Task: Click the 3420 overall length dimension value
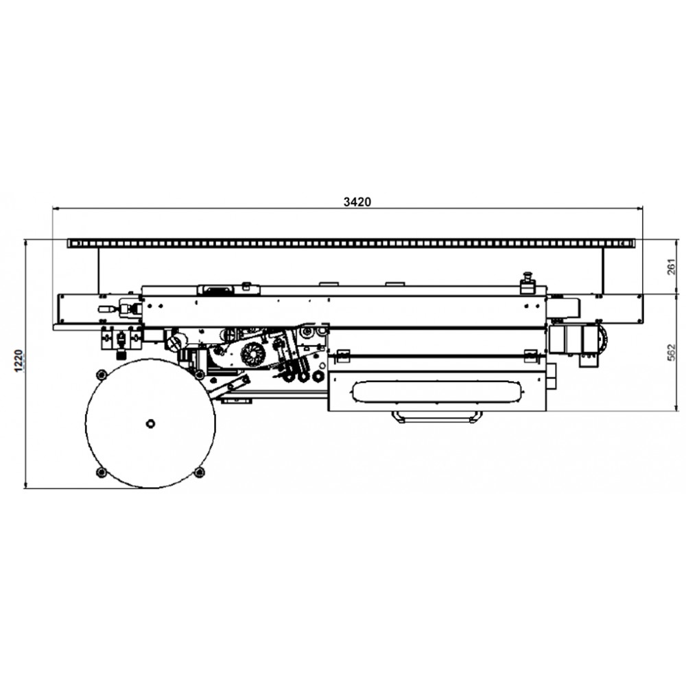pyautogui.click(x=357, y=202)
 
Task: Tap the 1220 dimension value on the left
pyautogui.click(x=19, y=361)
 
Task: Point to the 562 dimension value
pyautogui.click(x=672, y=353)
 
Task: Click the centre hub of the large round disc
pyautogui.click(x=150, y=423)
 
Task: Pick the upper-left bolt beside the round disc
pyautogui.click(x=102, y=375)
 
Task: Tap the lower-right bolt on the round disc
pyautogui.click(x=199, y=472)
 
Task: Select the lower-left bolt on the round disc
pyautogui.click(x=102, y=472)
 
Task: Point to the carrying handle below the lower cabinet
pyautogui.click(x=436, y=417)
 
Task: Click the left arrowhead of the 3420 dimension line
pyautogui.click(x=56, y=209)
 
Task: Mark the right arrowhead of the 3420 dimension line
pyautogui.click(x=639, y=209)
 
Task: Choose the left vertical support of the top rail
pyautogui.click(x=99, y=270)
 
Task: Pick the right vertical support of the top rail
pyautogui.click(x=604, y=270)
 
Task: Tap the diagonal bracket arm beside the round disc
pyautogui.click(x=228, y=386)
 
